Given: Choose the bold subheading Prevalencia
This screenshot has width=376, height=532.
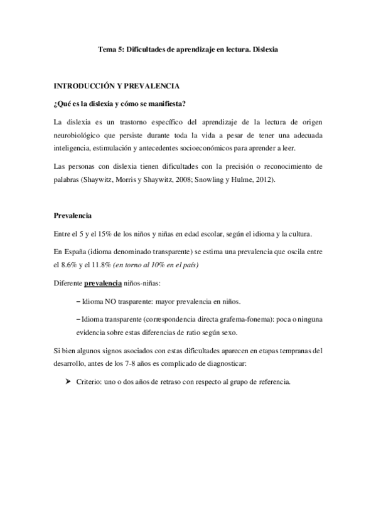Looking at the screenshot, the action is (73, 216).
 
